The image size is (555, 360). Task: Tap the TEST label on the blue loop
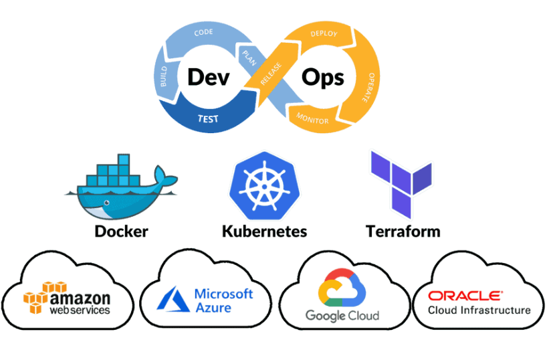(x=207, y=119)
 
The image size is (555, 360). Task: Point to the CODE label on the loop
(x=203, y=32)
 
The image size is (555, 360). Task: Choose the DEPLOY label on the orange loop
(x=324, y=33)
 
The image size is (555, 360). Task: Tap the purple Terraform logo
(x=401, y=181)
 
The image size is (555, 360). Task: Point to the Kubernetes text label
(x=264, y=232)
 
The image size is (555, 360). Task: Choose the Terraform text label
(x=403, y=232)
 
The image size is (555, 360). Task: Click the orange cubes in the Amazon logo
(x=38, y=298)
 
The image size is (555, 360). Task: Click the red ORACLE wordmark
(x=465, y=295)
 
